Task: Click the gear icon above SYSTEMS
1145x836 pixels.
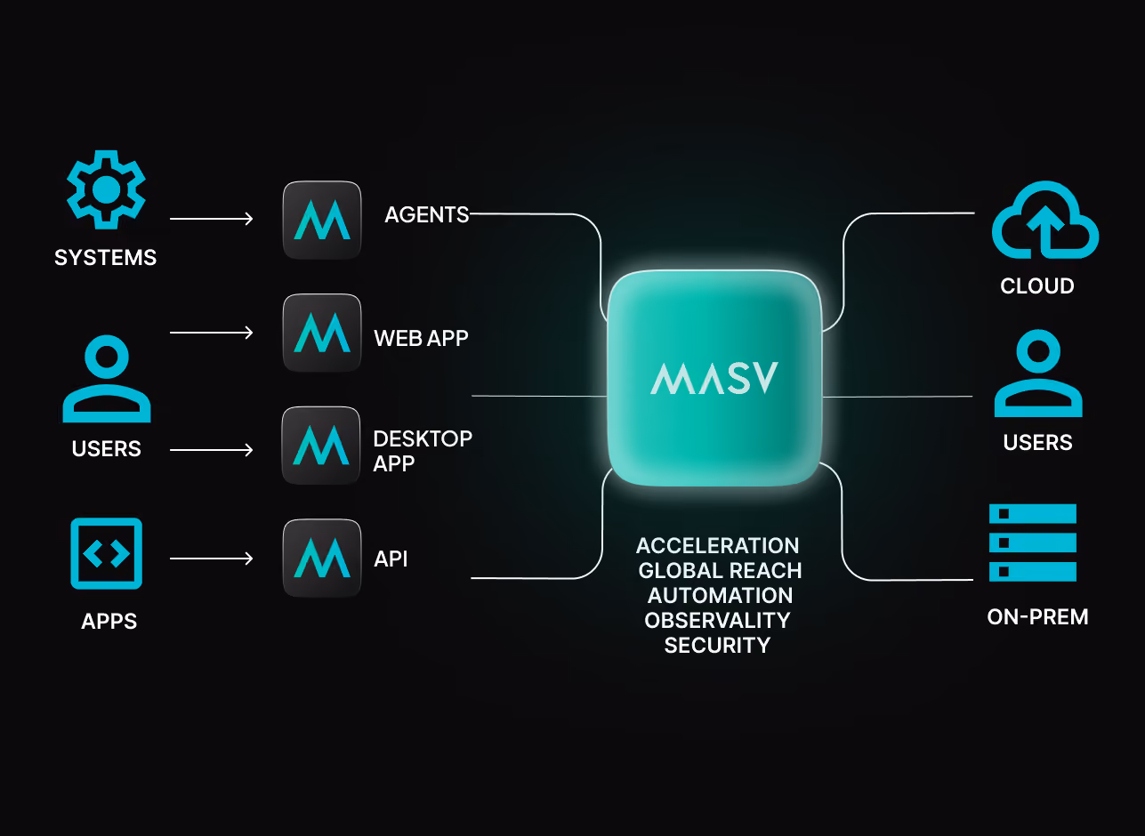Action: (x=107, y=189)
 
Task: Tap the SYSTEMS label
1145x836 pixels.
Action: (x=105, y=258)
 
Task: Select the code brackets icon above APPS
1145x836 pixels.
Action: (x=107, y=553)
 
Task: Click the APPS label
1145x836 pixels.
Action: (x=109, y=622)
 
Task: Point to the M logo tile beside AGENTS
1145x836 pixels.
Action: (x=322, y=220)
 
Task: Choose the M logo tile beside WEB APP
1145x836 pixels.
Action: (x=322, y=333)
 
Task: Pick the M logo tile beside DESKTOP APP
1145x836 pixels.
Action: (x=321, y=446)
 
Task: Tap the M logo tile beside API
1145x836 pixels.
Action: (x=322, y=558)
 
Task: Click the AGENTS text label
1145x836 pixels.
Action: (x=427, y=214)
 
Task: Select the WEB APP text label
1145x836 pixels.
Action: (x=421, y=338)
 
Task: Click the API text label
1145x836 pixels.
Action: (x=391, y=559)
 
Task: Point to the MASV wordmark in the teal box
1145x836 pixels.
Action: (x=714, y=378)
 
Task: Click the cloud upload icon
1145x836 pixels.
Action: (x=1045, y=220)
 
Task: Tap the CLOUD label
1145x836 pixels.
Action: (x=1037, y=286)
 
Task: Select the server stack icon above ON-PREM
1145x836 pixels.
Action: (x=1033, y=543)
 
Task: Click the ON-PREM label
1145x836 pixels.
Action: (x=1037, y=617)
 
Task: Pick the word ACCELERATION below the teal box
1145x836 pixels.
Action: (x=718, y=546)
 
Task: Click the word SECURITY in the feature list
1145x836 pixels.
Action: (x=717, y=646)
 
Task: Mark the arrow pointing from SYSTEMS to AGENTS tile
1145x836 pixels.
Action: (x=212, y=219)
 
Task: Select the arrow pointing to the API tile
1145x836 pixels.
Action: (x=212, y=559)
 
